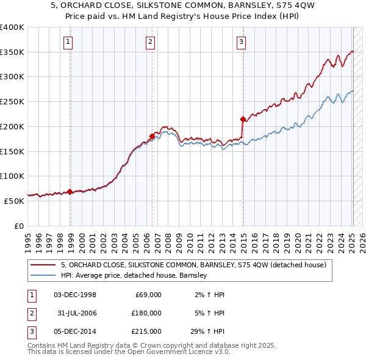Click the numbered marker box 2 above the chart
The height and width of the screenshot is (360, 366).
[x=150, y=42]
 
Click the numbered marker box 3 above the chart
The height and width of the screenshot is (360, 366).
[x=241, y=42]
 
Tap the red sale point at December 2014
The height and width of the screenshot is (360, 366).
[x=243, y=119]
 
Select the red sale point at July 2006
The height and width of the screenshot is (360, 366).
[x=152, y=136]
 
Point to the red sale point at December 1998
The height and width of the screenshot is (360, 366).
[x=70, y=192]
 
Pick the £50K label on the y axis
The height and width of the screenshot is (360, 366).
[x=15, y=201]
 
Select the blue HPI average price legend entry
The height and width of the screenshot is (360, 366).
[x=134, y=276]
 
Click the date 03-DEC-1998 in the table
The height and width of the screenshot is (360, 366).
[x=75, y=295]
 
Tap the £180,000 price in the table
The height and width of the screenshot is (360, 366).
[x=146, y=313]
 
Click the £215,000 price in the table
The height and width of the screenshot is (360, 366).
[x=146, y=331]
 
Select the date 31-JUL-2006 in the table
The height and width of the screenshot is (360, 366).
[x=76, y=313]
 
